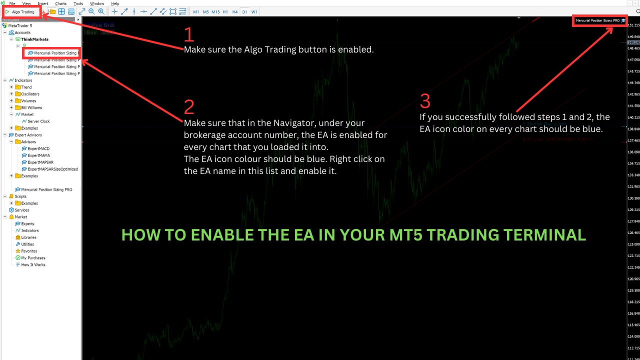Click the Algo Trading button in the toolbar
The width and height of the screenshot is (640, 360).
tap(20, 11)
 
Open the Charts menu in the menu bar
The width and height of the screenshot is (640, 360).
tap(60, 3)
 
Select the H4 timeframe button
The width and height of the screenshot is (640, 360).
tap(235, 11)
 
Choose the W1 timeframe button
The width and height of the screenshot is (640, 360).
tap(254, 11)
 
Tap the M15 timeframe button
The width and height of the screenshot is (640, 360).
tap(215, 11)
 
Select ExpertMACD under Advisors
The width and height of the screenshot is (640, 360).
tap(38, 148)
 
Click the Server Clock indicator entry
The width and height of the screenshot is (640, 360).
tap(38, 121)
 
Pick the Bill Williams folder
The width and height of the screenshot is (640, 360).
tap(31, 107)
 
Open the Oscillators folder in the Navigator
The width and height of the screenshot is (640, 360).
tap(30, 94)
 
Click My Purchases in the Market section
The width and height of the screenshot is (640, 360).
tap(33, 258)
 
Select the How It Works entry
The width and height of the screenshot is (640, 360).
tap(33, 265)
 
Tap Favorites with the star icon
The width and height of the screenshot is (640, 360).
tap(29, 251)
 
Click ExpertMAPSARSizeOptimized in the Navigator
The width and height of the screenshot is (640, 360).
tap(52, 169)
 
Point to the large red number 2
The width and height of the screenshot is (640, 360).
tap(189, 107)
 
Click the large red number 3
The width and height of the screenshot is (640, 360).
tap(425, 101)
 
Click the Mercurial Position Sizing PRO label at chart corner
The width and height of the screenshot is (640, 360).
tap(597, 21)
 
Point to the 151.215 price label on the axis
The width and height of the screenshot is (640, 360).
tap(633, 25)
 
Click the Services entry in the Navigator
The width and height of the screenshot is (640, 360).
tap(22, 210)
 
